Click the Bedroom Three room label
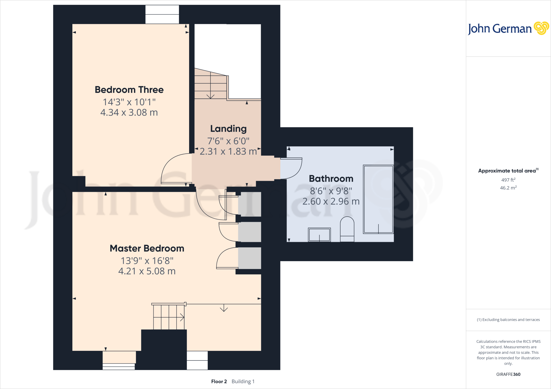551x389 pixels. [x=129, y=90]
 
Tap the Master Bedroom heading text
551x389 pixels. [x=147, y=248]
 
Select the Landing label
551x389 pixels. [x=228, y=129]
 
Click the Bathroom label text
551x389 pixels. [x=331, y=179]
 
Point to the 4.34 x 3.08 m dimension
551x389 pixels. [x=129, y=113]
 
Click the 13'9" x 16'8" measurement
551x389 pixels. [x=147, y=261]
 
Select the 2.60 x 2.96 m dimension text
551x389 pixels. [x=331, y=201]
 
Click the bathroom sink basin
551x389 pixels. [x=319, y=235]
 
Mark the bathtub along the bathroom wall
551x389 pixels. [x=378, y=199]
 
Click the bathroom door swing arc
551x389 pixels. [x=293, y=169]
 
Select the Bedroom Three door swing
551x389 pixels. [x=172, y=168]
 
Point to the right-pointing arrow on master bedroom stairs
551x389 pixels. [x=182, y=317]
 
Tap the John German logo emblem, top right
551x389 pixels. [x=541, y=28]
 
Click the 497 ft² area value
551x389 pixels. [x=508, y=180]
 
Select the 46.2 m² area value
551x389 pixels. [x=508, y=188]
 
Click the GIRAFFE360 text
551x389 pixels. [x=508, y=374]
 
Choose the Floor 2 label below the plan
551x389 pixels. [x=219, y=381]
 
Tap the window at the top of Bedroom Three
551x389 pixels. [x=162, y=15]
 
